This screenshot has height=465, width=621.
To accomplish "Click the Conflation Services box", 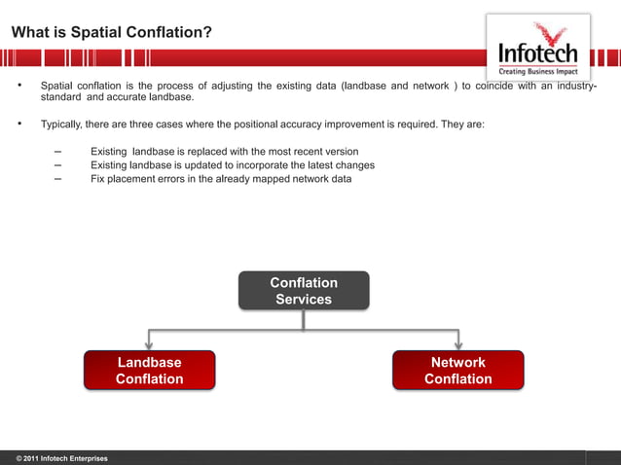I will point(304,291).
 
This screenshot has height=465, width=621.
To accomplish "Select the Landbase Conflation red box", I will point(149,371).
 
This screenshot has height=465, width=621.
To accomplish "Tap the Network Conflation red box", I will point(457,371).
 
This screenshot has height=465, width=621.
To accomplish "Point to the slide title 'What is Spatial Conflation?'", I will point(112,33).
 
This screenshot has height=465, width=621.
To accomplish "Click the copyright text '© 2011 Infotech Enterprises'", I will point(61,457).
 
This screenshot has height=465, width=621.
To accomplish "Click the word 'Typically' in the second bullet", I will point(60,125).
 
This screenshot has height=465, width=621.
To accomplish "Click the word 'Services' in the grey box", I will point(304,300).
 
